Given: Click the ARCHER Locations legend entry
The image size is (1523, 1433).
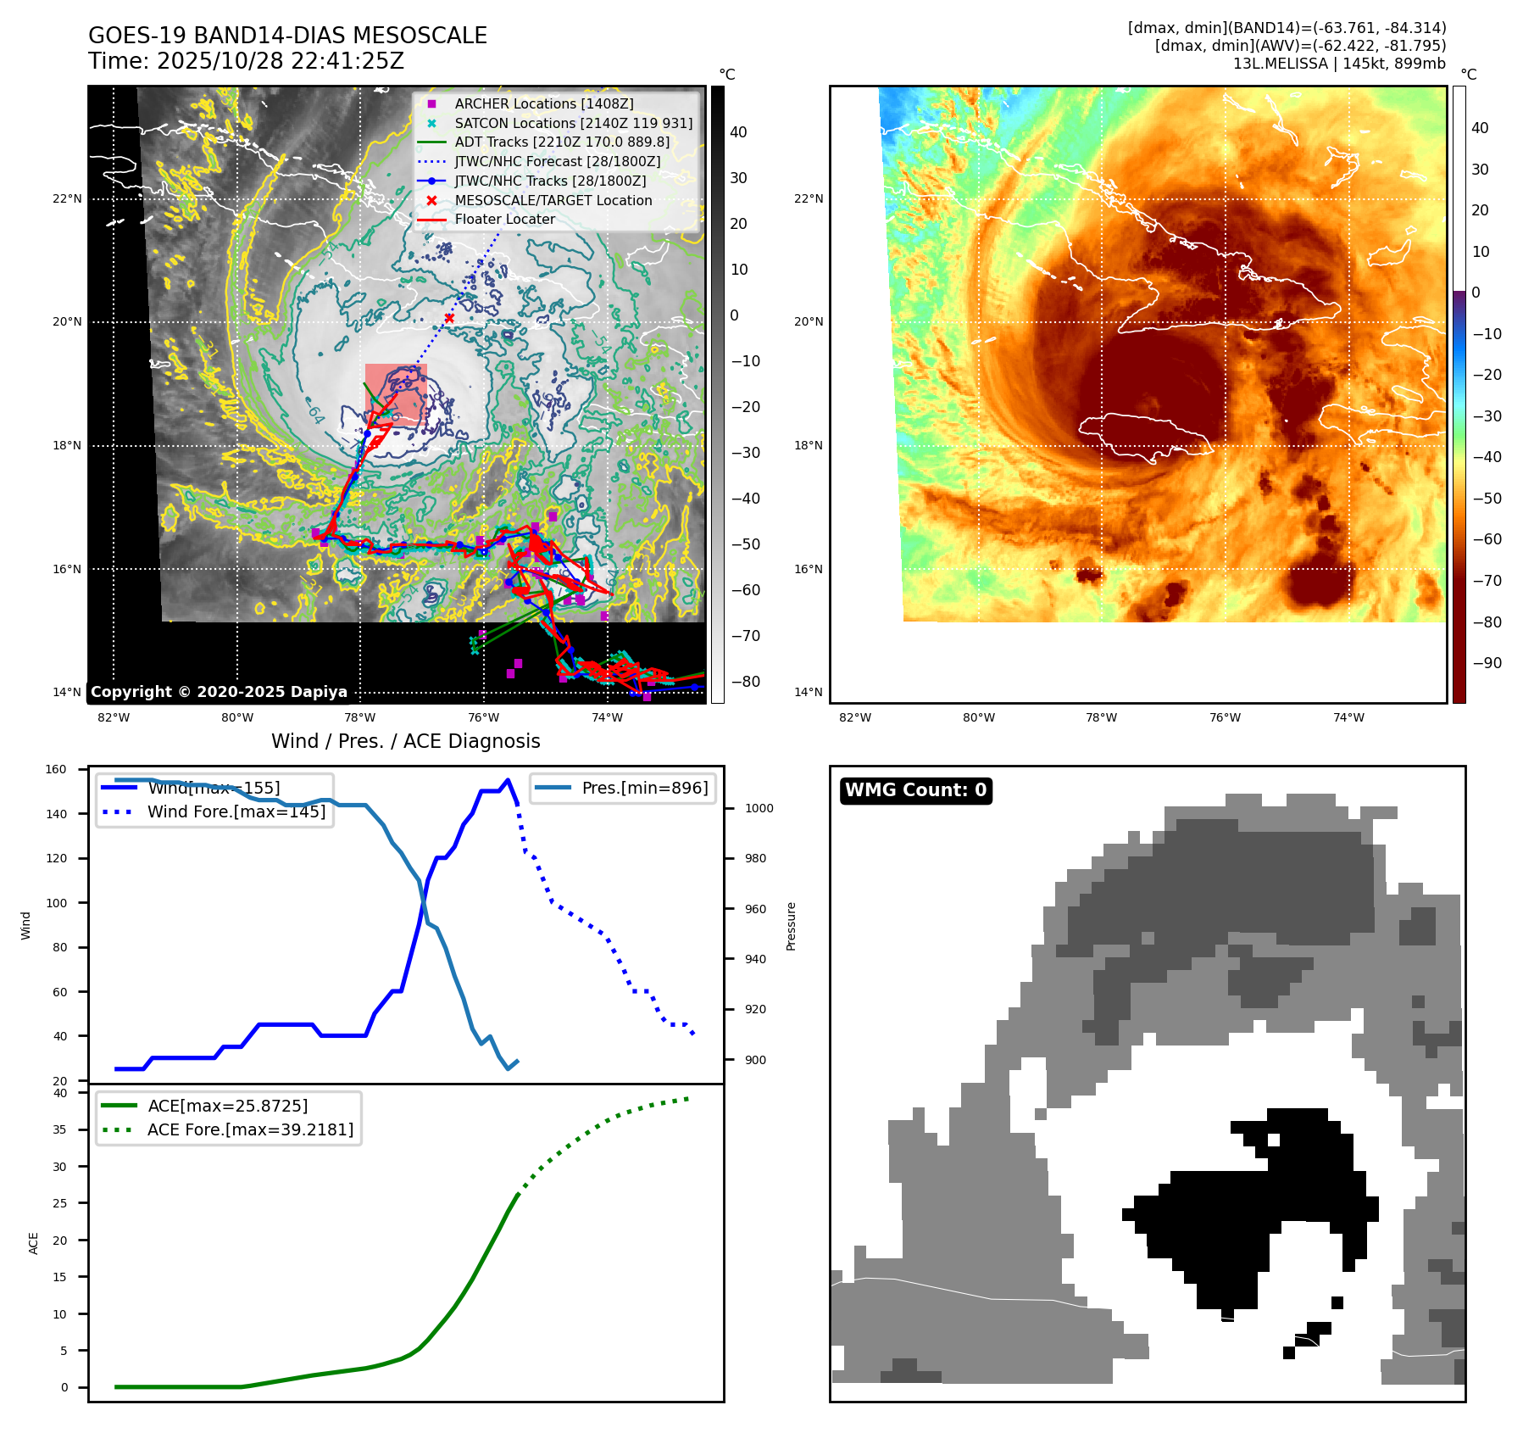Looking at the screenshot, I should coord(543,103).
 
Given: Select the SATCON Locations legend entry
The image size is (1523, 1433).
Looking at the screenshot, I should coord(573,123).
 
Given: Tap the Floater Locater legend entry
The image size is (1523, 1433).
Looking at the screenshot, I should coord(504,219).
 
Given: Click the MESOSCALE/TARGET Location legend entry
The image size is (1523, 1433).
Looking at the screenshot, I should coord(553,200).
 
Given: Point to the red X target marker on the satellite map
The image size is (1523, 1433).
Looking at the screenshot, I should coord(449,319).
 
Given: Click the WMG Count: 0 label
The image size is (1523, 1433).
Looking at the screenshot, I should coord(915,790).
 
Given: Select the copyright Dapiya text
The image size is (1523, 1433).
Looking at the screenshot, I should coord(219,692).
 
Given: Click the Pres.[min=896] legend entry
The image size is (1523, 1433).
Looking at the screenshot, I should coord(644,788).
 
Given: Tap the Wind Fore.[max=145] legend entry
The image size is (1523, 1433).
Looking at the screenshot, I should coord(236,811).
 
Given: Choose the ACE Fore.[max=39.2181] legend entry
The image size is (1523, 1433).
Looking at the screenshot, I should coord(250,1129).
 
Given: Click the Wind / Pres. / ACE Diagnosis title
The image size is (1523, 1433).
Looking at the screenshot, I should coord(405,741).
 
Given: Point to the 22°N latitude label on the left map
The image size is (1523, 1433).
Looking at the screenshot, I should coord(68,199).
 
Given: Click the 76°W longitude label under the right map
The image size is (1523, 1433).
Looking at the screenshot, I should coord(1225,717).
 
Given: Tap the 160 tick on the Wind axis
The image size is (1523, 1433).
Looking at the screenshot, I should coord(56,770).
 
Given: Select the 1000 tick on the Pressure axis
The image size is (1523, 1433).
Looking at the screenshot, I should coord(759,808).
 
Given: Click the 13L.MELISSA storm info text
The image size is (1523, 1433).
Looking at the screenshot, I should coord(1339,64).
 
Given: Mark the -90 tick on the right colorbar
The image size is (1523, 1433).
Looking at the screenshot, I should coord(1487,663).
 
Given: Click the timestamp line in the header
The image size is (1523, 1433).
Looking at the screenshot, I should coord(246,61).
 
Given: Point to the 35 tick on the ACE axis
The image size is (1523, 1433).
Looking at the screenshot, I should coord(59,1129).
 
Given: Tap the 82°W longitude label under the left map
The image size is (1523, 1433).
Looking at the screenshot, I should coord(114,717).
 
